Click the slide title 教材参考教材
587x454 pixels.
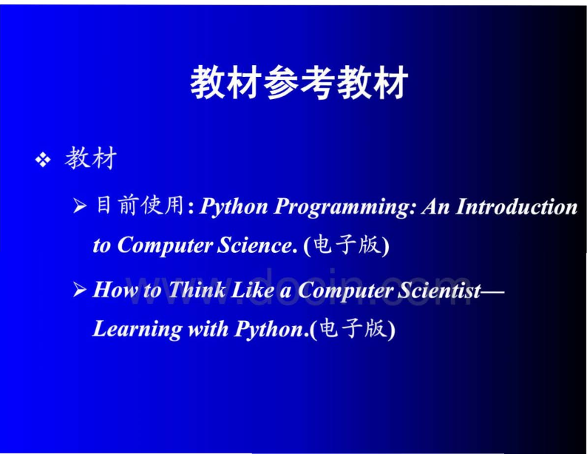tap(299, 82)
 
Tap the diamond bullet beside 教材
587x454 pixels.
tap(43, 160)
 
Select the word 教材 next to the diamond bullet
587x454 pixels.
tap(91, 158)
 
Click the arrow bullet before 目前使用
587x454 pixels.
tap(80, 206)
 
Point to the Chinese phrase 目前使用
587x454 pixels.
tap(140, 205)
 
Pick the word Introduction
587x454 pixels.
tap(517, 206)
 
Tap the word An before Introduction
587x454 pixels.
tap(435, 206)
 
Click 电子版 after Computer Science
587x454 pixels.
tap(347, 245)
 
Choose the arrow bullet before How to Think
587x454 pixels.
tap(80, 289)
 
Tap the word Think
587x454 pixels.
tap(197, 290)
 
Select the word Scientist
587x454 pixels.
tap(439, 291)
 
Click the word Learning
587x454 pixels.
tap(138, 330)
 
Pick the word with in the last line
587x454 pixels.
tap(208, 329)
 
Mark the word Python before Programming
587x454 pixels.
tap(234, 207)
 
